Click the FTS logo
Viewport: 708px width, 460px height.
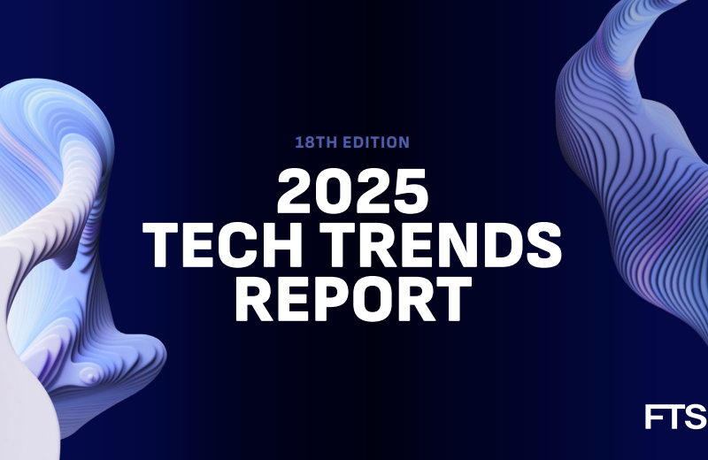pos(674,416)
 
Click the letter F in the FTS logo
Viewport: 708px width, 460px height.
pos(654,416)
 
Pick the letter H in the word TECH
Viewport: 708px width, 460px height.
pos(271,244)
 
